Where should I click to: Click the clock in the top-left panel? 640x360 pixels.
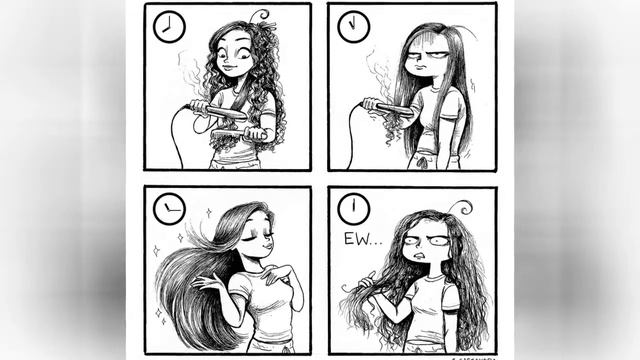[x=170, y=26]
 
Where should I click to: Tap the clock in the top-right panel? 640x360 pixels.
[x=353, y=27]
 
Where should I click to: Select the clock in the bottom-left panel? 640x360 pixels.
[x=170, y=209]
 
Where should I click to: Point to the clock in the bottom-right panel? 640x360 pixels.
[x=353, y=209]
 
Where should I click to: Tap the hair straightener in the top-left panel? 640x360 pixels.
[x=218, y=112]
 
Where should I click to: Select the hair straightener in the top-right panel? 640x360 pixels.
[x=385, y=106]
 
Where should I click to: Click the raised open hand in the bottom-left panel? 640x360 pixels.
[x=208, y=283]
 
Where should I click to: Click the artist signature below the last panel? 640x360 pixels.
[x=470, y=356]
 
